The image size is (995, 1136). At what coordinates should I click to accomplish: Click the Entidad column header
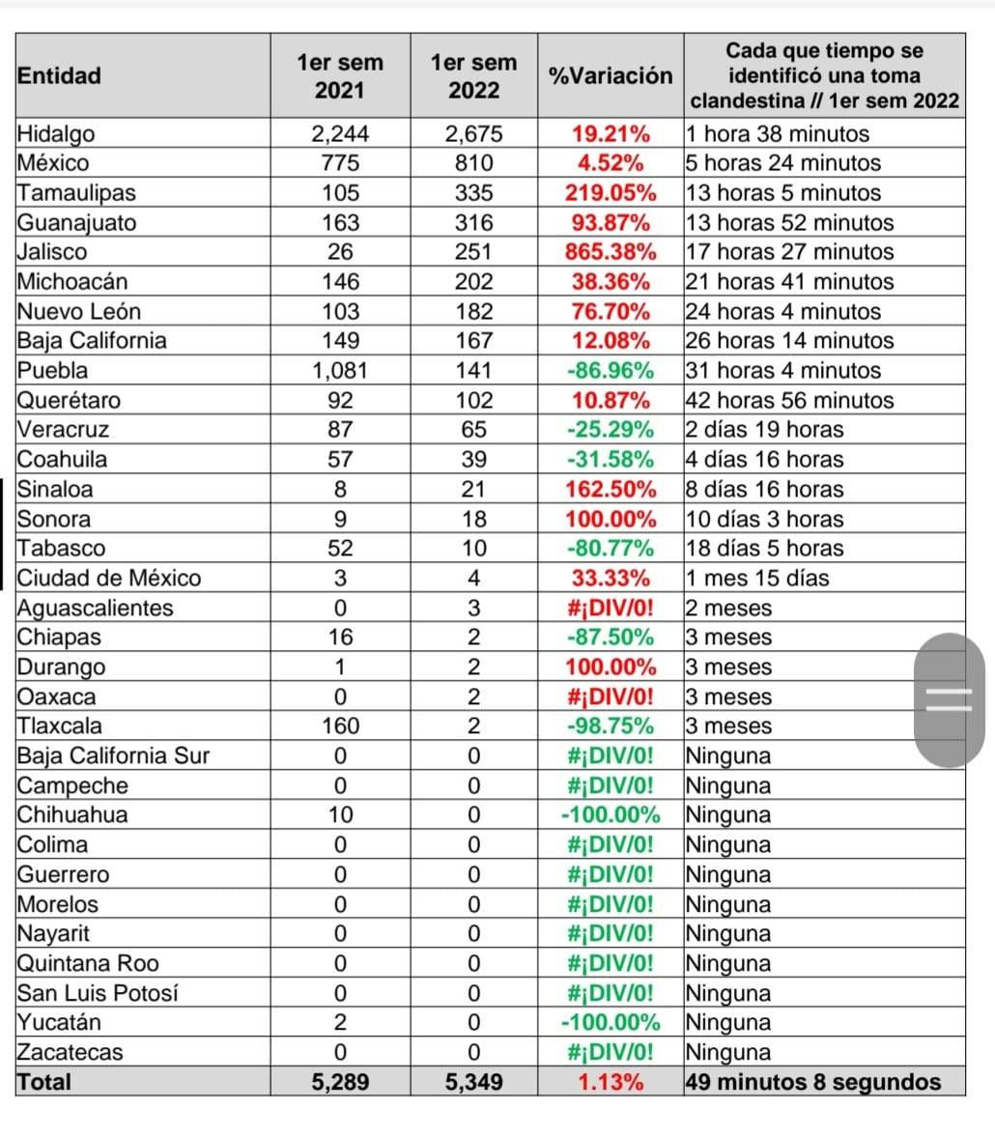[60, 75]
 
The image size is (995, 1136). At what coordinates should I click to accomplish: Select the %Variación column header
[611, 75]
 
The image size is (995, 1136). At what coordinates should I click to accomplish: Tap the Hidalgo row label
[56, 134]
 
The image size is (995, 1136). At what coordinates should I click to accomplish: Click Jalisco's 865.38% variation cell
[611, 252]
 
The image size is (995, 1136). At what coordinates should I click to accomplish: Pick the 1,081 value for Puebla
[340, 370]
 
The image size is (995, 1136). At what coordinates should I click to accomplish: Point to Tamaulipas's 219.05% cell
[611, 193]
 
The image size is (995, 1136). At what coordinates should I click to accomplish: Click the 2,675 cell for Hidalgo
[474, 134]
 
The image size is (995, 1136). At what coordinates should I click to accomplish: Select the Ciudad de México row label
[109, 578]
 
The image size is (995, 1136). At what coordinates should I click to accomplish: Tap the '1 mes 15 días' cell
[757, 578]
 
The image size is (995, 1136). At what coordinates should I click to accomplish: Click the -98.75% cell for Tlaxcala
[611, 726]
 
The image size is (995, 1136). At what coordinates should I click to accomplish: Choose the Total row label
[44, 1082]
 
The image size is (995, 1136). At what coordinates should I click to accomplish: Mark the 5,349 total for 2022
[474, 1082]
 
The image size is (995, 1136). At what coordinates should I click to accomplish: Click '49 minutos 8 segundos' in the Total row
[813, 1082]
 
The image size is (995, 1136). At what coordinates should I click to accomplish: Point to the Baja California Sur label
[113, 755]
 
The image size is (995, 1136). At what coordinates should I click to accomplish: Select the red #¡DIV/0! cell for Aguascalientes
[611, 608]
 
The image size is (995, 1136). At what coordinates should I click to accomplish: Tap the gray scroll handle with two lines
[950, 699]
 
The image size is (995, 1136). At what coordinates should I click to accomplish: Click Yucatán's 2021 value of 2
[340, 1022]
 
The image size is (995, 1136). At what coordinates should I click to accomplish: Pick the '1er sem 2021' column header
[340, 76]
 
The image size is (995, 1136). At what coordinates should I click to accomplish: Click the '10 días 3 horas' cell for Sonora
[764, 519]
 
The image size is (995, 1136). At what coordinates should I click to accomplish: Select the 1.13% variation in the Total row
[611, 1082]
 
